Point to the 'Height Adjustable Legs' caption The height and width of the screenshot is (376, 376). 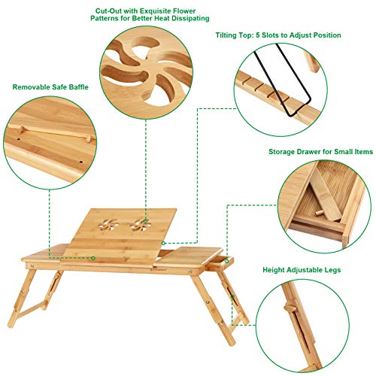click(298, 268)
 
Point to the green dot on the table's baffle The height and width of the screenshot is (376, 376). click(93, 258)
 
